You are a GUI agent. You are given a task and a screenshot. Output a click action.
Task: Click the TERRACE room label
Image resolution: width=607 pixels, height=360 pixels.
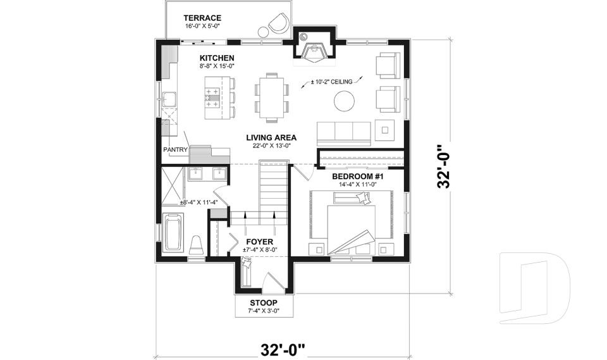click(202, 17)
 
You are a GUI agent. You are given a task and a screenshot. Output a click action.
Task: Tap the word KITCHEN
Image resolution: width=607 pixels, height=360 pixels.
click(218, 58)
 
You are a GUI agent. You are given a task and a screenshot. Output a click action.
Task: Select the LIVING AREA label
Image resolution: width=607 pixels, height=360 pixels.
click(271, 137)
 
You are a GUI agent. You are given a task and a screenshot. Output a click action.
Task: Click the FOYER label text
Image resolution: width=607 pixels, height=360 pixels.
click(259, 242)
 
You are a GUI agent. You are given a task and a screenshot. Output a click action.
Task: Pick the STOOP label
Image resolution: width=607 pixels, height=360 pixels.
click(264, 302)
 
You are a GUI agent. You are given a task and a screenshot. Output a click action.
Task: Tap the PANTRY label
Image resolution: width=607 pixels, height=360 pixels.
click(175, 150)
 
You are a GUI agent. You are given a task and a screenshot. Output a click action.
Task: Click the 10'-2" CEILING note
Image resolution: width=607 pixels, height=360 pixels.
click(333, 81)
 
